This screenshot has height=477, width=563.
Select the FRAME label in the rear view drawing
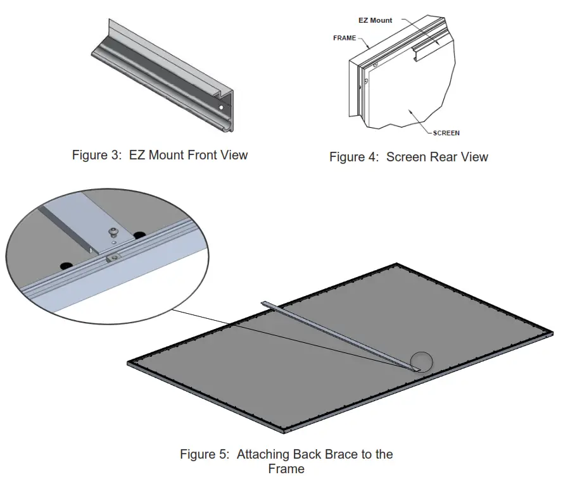(345, 38)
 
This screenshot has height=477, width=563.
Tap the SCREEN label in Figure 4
(446, 133)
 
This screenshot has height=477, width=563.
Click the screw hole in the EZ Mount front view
(220, 108)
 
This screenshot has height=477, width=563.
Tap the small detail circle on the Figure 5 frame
(421, 362)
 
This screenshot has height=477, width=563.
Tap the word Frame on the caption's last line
(286, 469)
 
